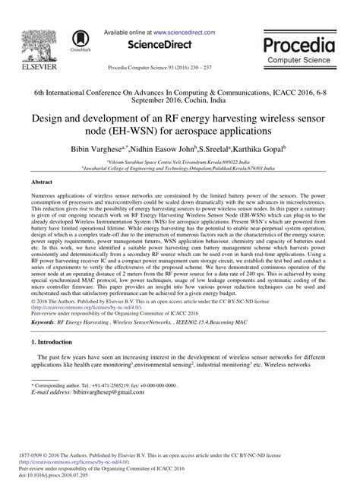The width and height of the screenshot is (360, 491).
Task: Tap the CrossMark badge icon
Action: coord(78,39)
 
